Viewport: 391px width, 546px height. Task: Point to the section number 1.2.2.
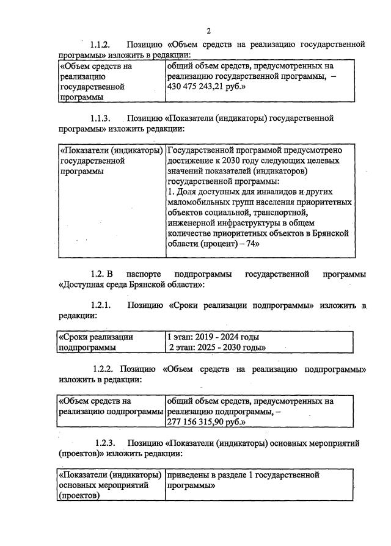pos(104,369)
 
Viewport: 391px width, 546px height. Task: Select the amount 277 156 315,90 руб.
pos(206,422)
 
